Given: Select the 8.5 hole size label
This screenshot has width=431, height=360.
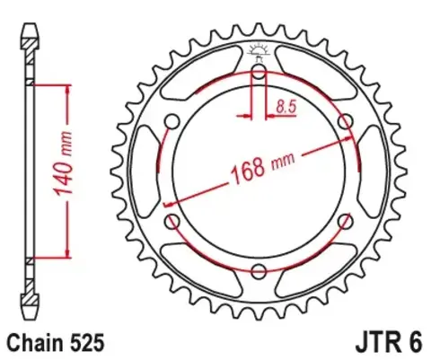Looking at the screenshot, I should click(286, 107).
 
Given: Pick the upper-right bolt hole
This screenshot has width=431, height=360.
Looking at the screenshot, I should click(346, 120).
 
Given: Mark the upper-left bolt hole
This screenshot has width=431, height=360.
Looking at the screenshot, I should click(172, 120).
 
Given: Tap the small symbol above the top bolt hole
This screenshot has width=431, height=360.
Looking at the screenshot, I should click(259, 50).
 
